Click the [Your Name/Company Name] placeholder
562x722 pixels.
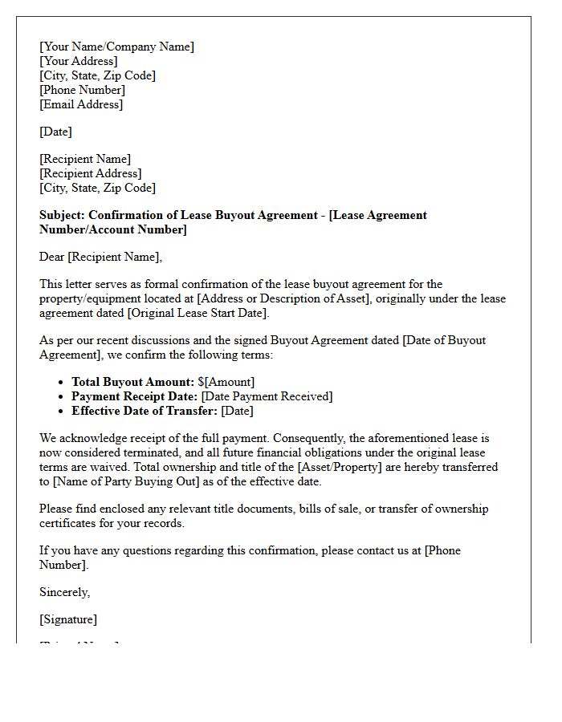[x=116, y=47]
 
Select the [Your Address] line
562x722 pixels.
[x=78, y=61]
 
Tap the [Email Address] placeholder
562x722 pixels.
[x=81, y=104]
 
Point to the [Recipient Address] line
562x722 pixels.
[x=90, y=173]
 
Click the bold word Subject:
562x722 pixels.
[x=63, y=215]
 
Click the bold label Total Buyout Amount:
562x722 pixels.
[x=132, y=382]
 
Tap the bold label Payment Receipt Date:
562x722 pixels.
[x=135, y=396]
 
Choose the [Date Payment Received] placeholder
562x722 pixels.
[x=267, y=396]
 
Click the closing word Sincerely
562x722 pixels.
[x=64, y=592]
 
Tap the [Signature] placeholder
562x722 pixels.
[x=68, y=619]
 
